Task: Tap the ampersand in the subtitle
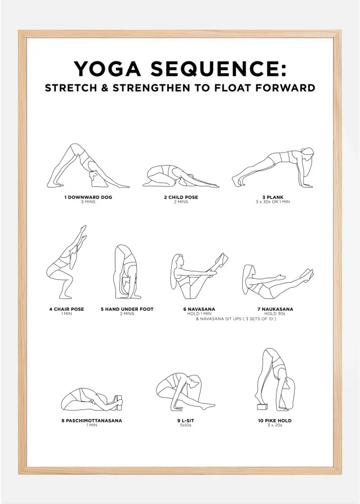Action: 104,88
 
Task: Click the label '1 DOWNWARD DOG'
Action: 88,197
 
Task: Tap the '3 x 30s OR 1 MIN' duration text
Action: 272,202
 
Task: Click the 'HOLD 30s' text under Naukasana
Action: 274,313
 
